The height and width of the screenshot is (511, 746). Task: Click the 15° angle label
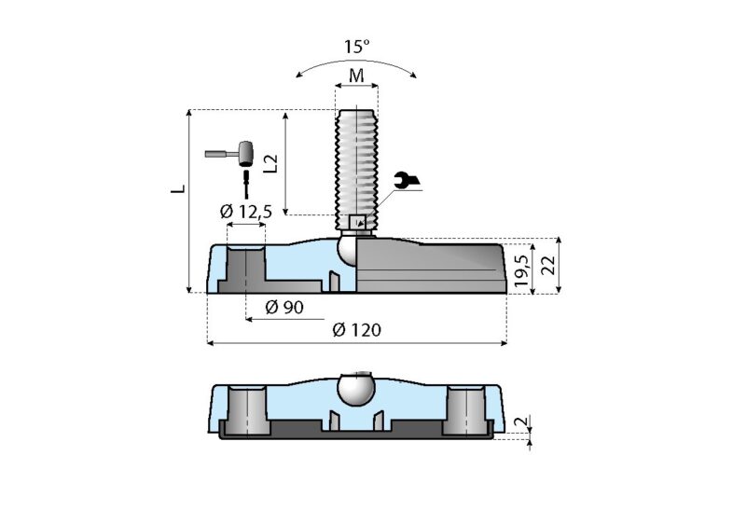[x=355, y=44]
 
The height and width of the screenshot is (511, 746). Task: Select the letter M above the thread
[x=356, y=75]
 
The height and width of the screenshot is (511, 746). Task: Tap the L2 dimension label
[x=271, y=163]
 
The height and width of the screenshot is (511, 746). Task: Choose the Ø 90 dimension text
[x=284, y=307]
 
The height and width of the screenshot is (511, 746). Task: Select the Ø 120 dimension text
[x=356, y=330]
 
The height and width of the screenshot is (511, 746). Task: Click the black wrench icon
[x=406, y=183]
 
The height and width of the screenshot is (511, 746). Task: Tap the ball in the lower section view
[x=356, y=389]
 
